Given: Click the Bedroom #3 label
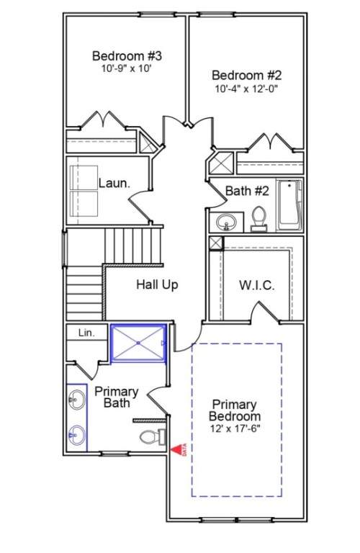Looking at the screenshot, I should (127, 55).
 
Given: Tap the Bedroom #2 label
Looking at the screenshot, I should (246, 74).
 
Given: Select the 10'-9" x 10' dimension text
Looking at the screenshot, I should (127, 70).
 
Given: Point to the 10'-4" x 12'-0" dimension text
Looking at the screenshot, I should (246, 89).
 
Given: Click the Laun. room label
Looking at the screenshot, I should (114, 183).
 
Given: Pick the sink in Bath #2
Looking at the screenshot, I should (228, 222).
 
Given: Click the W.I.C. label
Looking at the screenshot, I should (256, 285).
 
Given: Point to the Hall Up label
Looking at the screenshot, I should (157, 285).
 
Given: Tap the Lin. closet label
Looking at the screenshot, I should (86, 333).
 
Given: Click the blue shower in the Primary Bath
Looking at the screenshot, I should (138, 345).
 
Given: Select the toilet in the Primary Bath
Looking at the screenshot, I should (150, 436).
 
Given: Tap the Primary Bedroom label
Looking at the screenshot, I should (235, 410).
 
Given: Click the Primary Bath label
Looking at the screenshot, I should (116, 397).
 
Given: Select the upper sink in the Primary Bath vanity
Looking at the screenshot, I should (77, 397).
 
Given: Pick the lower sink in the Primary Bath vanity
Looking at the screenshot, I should (77, 434).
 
